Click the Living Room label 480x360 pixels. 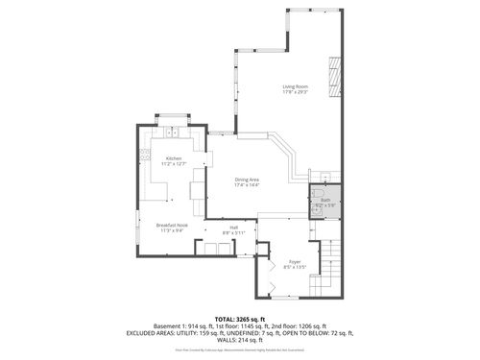pos(294,87)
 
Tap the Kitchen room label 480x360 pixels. pos(174,158)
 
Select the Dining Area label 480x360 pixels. pos(247,179)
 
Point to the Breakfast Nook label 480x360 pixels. pos(171,225)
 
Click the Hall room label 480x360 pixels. pos(233,227)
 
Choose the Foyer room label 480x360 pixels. pos(295,260)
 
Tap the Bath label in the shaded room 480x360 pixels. pos(325,200)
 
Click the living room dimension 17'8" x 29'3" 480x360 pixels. pos(294,93)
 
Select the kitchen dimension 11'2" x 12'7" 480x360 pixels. pos(174,164)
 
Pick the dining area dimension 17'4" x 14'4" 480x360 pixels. pos(247,184)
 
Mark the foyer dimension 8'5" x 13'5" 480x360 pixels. pos(295,266)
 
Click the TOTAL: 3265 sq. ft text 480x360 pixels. pos(239,318)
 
